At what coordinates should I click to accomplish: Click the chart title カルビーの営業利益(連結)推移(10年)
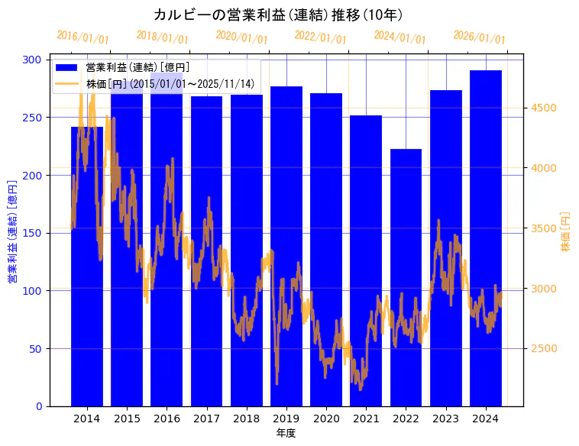(x=278, y=15)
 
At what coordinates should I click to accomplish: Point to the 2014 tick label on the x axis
(x=86, y=419)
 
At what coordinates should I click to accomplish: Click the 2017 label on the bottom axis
(x=206, y=419)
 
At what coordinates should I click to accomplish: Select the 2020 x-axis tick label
(x=326, y=419)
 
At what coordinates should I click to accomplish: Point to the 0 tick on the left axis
(x=38, y=406)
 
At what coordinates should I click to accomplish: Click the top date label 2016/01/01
(x=82, y=37)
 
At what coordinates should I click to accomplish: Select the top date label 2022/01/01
(x=320, y=37)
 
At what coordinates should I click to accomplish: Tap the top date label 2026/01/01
(x=479, y=37)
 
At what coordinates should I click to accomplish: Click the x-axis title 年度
(x=286, y=433)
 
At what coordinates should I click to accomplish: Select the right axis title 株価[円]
(x=566, y=232)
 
